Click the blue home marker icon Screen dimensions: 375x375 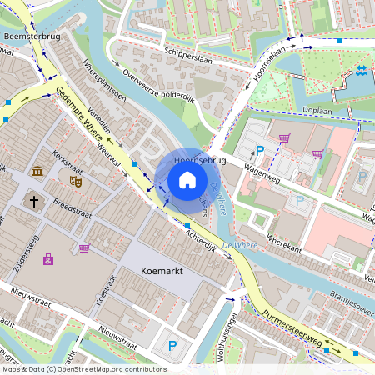tap(187, 179)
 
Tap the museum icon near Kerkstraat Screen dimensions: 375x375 tap(37, 172)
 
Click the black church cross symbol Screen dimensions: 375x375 tap(34, 201)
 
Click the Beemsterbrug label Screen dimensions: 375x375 tap(27, 37)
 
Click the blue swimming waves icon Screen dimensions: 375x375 tap(362, 72)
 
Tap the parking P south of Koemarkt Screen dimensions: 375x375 tap(172, 346)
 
